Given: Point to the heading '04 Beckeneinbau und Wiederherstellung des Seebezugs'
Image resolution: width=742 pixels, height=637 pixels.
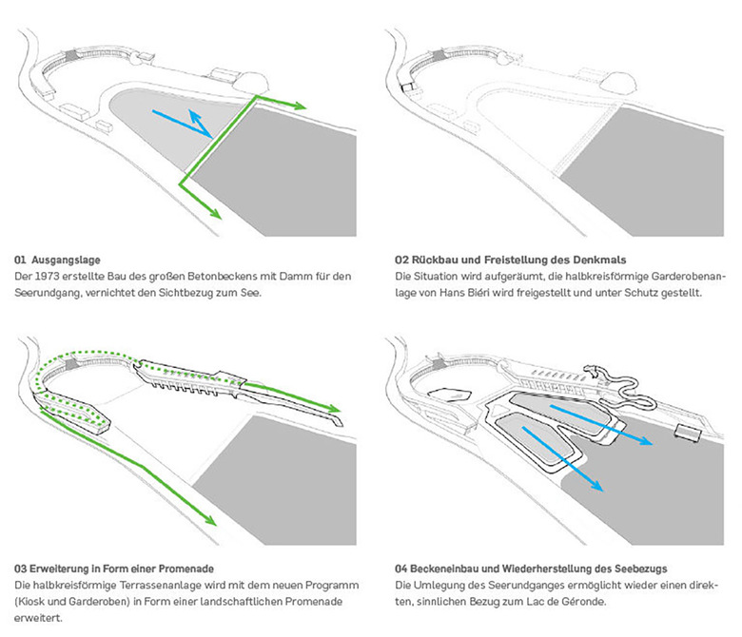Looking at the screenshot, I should pyautogui.click(x=534, y=569).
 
